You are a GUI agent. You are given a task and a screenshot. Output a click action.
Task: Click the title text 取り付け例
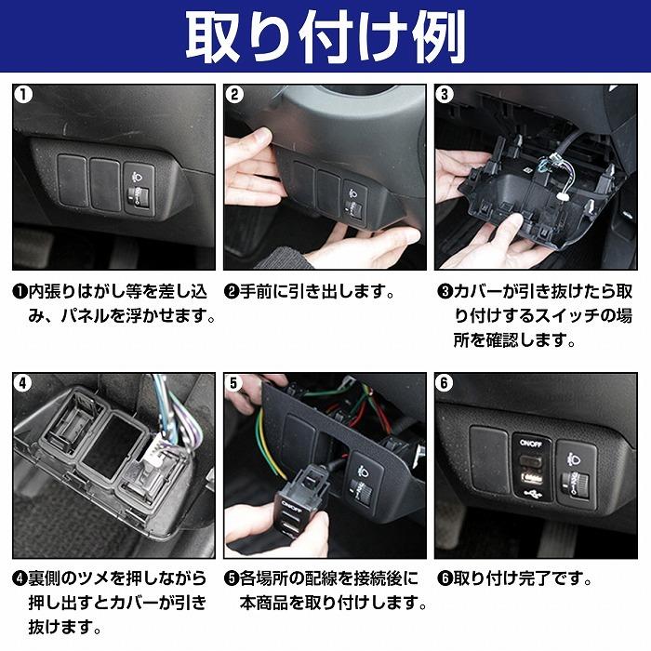(x=325, y=37)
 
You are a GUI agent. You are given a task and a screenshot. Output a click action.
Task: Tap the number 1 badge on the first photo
(x=24, y=96)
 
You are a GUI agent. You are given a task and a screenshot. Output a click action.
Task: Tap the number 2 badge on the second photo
(x=235, y=96)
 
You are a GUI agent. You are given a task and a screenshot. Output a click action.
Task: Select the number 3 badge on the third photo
(x=445, y=96)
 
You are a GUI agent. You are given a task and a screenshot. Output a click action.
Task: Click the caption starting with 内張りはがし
(x=113, y=304)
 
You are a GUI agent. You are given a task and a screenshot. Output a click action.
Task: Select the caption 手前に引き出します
(x=311, y=292)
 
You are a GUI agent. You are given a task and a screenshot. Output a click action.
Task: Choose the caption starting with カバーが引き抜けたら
(x=536, y=316)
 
